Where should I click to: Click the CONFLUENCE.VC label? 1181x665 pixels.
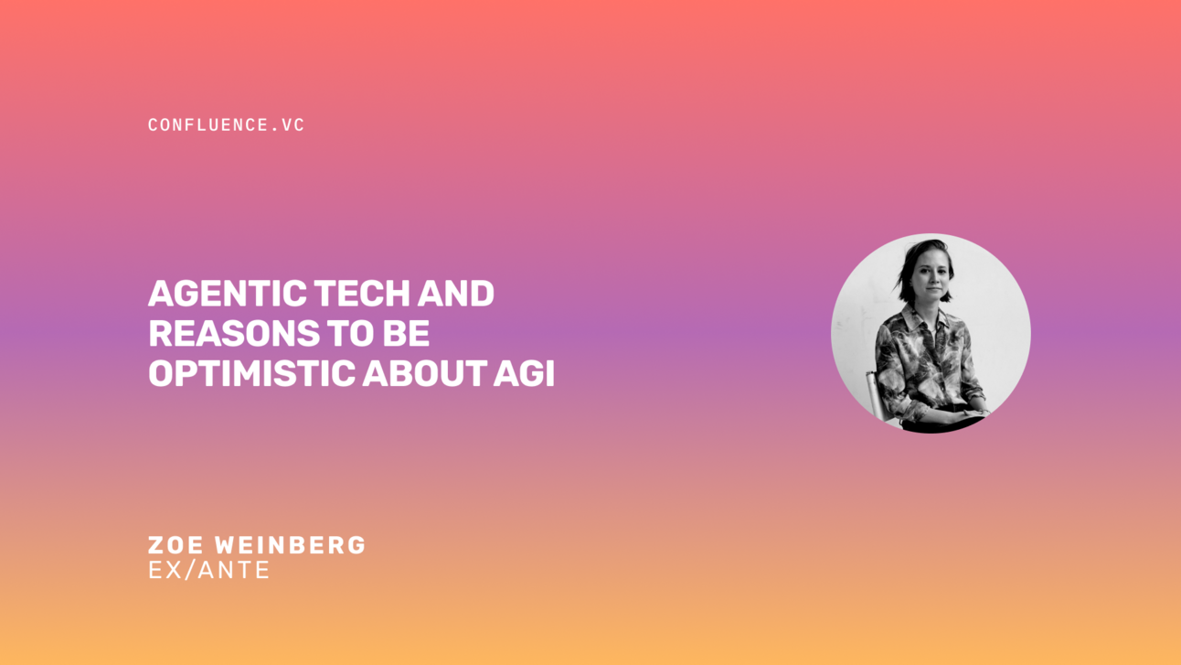(226, 125)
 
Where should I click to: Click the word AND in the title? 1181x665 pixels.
(456, 295)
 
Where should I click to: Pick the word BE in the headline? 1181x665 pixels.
(406, 334)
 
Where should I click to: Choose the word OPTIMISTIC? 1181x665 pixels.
(250, 373)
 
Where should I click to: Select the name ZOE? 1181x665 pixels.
(176, 545)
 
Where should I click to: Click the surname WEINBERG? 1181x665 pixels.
(290, 545)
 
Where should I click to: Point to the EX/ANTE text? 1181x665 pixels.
(208, 571)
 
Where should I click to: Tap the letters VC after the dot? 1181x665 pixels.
(293, 125)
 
